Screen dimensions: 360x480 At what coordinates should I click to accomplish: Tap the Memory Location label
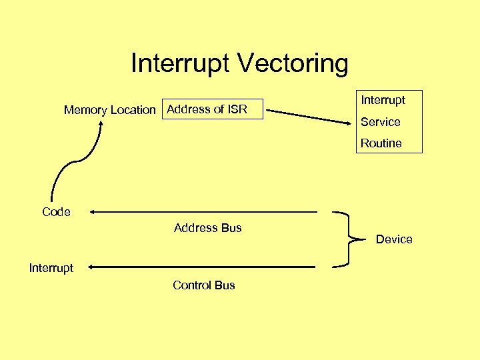(x=109, y=110)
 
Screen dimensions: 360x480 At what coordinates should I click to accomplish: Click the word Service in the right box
(x=380, y=122)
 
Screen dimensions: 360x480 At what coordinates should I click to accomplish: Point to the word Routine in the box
(x=381, y=143)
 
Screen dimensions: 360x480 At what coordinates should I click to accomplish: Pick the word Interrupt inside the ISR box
(x=383, y=101)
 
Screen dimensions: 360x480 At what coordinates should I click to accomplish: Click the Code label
(x=56, y=212)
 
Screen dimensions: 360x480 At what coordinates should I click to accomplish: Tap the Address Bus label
(x=207, y=228)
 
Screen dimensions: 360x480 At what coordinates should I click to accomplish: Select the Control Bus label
(x=203, y=285)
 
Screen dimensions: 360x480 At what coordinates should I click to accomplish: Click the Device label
(x=394, y=239)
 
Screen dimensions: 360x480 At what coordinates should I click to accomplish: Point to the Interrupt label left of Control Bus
(x=51, y=268)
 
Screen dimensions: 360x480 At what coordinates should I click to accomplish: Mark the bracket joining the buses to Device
(x=347, y=239)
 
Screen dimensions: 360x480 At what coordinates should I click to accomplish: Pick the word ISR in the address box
(x=237, y=109)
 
